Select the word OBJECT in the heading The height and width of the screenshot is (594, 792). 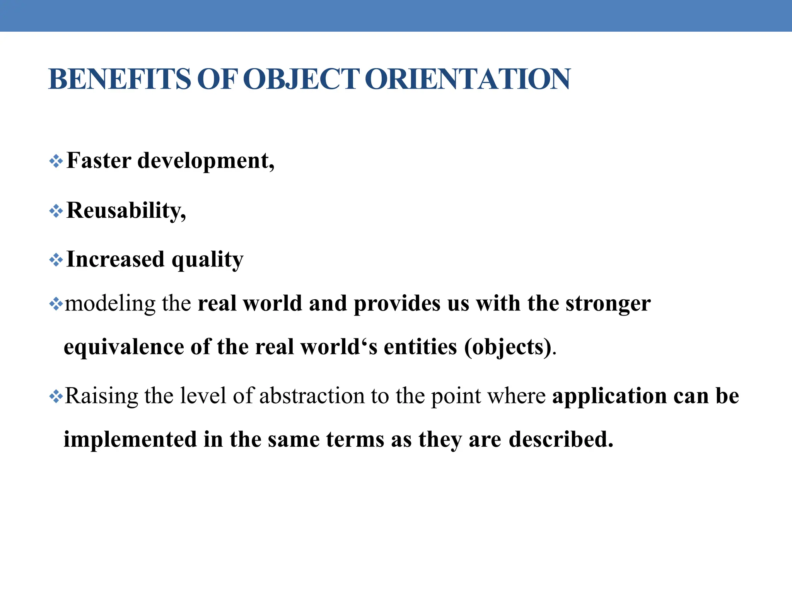click(x=302, y=79)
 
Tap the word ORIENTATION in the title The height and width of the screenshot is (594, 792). click(x=467, y=79)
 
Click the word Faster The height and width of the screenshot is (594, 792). click(x=99, y=160)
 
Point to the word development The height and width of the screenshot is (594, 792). click(x=206, y=161)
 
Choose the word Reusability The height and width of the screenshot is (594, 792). click(x=126, y=211)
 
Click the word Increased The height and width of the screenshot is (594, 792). click(x=116, y=259)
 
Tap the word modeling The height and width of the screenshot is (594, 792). click(x=109, y=304)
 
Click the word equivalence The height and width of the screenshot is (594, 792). click(x=124, y=347)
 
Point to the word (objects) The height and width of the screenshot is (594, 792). click(x=510, y=347)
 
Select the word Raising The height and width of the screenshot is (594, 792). click(x=102, y=396)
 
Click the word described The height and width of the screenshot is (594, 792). click(x=561, y=440)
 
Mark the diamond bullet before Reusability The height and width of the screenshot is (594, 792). click(x=56, y=211)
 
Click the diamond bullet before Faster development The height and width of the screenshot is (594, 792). click(x=56, y=161)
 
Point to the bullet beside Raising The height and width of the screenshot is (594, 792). click(x=56, y=396)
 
